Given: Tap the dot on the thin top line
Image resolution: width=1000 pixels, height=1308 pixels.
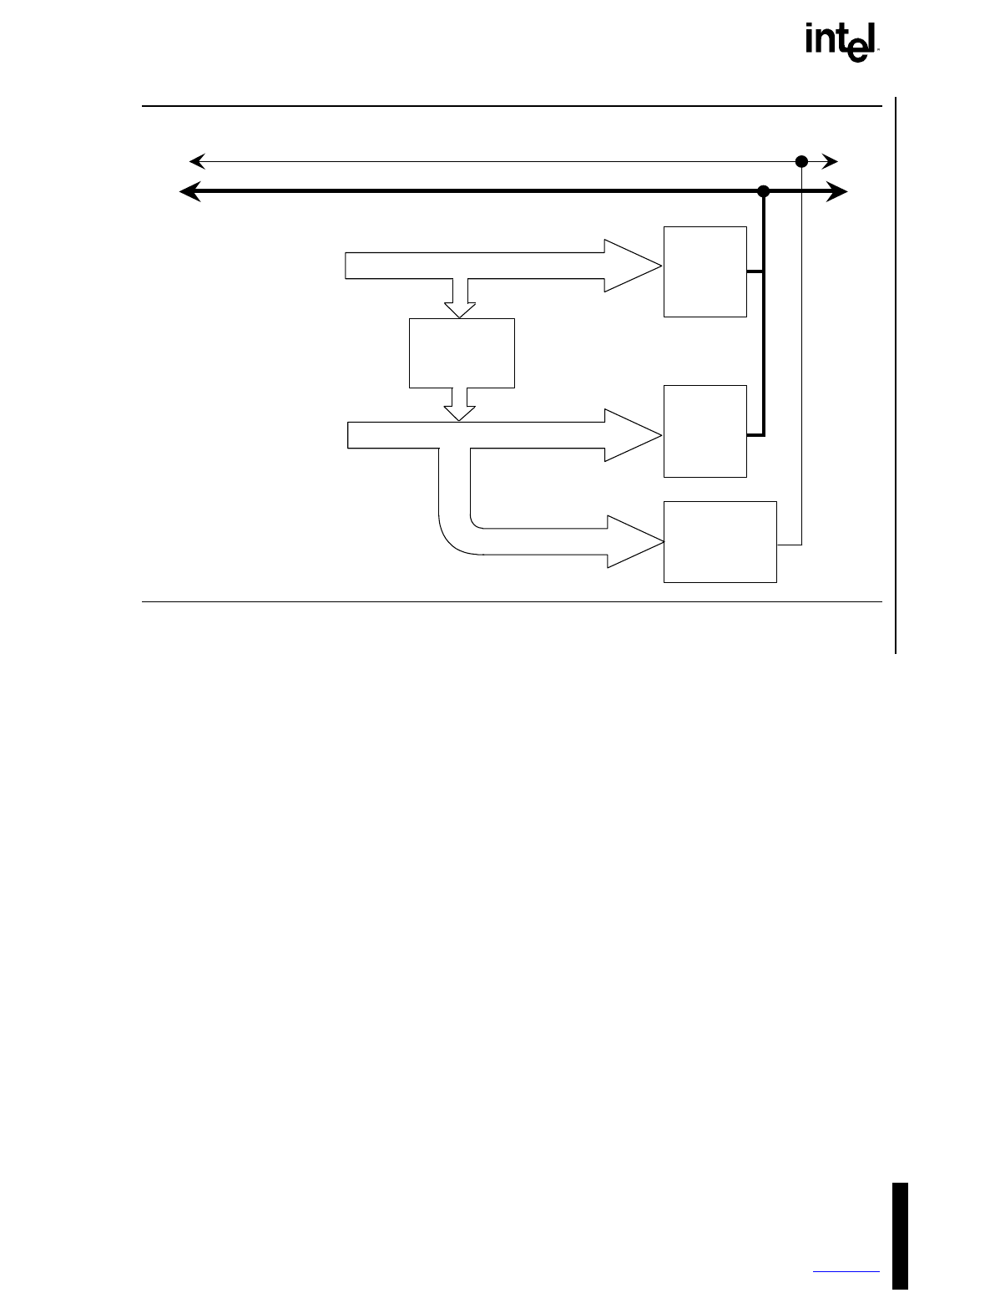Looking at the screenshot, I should click(x=801, y=161).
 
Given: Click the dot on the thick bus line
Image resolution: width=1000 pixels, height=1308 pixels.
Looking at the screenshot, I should click(x=762, y=192).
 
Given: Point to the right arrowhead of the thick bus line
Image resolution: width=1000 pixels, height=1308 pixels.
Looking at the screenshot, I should click(x=837, y=192).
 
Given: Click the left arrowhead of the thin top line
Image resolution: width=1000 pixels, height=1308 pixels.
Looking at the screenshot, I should click(x=197, y=161).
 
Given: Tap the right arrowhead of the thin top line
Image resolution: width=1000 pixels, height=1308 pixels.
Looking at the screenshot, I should click(x=830, y=161).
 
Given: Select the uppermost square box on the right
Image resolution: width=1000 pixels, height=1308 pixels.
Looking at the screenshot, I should click(x=705, y=271).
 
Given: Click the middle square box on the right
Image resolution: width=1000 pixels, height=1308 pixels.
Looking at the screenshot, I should click(x=705, y=431).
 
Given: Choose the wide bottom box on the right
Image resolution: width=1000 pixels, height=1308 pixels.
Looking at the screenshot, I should click(x=720, y=542).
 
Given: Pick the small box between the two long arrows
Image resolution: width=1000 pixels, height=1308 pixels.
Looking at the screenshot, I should click(x=462, y=352).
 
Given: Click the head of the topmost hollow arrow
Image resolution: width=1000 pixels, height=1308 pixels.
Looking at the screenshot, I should click(x=631, y=266).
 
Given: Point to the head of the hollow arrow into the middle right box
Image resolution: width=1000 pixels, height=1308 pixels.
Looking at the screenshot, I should click(x=631, y=435).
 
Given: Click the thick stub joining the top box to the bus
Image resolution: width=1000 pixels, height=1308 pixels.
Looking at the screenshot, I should click(x=755, y=271).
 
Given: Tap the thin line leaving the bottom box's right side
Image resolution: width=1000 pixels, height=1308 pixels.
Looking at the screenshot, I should click(x=790, y=545).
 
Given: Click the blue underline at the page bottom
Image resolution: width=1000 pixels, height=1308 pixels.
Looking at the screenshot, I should click(x=846, y=1272).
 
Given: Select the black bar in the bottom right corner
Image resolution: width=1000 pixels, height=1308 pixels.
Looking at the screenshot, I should click(x=900, y=1236).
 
